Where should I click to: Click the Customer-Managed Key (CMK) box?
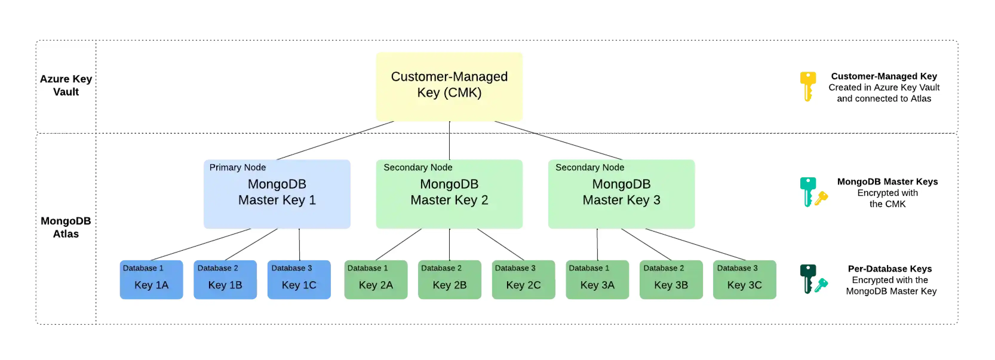(x=449, y=87)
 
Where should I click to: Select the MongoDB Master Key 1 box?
(x=277, y=194)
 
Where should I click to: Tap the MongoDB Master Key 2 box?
(x=449, y=194)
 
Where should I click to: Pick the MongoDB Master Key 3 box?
(x=621, y=194)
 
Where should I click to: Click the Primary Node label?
(x=237, y=167)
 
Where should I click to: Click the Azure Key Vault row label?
(x=66, y=85)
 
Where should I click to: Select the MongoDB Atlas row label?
(x=66, y=227)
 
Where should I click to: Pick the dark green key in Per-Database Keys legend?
(x=807, y=278)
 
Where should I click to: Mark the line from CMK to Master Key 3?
(x=558, y=141)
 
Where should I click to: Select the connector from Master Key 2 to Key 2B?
(x=450, y=244)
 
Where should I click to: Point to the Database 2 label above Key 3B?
(x=663, y=268)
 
